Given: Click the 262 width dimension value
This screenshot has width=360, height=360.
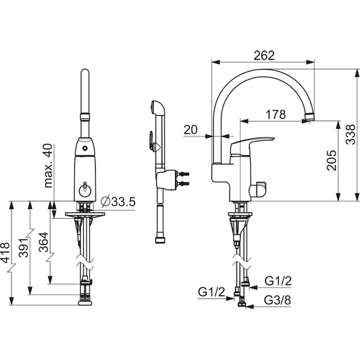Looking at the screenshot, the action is click(264, 55).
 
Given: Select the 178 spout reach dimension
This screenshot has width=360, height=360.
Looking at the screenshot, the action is click(276, 114).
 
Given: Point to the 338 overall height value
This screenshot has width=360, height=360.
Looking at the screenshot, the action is click(351, 134).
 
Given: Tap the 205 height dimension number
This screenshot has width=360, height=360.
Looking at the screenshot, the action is click(332, 160).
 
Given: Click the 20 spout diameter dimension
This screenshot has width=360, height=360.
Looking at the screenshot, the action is click(190, 130).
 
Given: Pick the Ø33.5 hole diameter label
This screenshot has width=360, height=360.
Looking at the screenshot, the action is click(118, 201).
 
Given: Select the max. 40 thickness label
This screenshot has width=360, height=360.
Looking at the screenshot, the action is click(48, 165).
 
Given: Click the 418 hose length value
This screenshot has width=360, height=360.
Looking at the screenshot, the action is click(5, 253).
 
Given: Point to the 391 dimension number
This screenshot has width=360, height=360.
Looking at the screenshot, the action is click(24, 247).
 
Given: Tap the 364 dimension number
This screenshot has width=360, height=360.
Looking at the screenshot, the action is click(44, 242).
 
